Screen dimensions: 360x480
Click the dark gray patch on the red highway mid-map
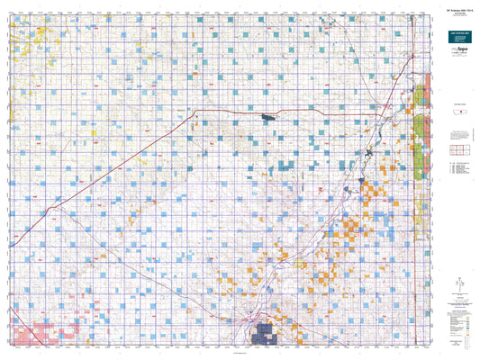pyautogui.click(x=268, y=116)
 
